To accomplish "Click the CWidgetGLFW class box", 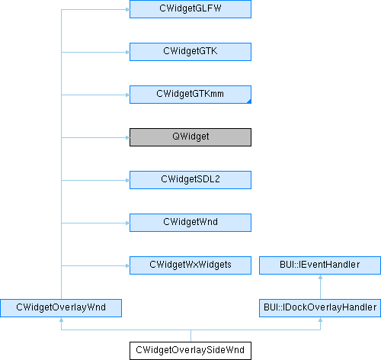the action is click(x=190, y=9).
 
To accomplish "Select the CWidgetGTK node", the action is click(x=190, y=52).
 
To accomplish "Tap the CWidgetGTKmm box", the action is click(x=190, y=95).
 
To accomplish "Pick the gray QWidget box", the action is click(x=190, y=137).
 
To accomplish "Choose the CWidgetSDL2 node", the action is click(x=190, y=180).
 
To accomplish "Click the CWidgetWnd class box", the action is click(x=190, y=223).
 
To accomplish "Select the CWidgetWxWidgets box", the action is click(x=190, y=265).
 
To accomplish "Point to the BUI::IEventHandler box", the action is click(x=320, y=265).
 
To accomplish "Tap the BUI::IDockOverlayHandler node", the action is click(x=320, y=308).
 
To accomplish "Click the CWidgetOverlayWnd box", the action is click(x=61, y=308).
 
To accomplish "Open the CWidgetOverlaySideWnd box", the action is click(x=190, y=351).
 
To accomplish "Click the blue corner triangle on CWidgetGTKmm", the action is click(x=249, y=101).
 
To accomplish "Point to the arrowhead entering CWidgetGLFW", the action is click(x=128, y=10).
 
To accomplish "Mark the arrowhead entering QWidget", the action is click(x=128, y=138).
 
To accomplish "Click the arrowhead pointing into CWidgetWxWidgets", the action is click(x=128, y=266).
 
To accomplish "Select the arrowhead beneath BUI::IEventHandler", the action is click(x=321, y=277).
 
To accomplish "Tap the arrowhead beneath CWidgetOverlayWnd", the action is click(x=61, y=320).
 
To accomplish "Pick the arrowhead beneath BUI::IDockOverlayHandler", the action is click(x=321, y=320).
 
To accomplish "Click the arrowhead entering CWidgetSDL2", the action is click(x=128, y=181).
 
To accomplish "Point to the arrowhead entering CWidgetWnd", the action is click(x=128, y=223).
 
